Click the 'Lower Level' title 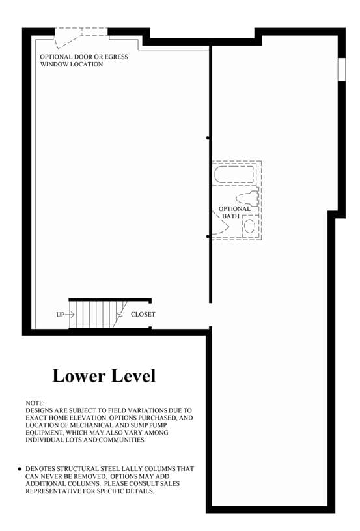tap(104, 376)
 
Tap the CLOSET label tap(143, 315)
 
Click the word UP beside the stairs tap(61, 315)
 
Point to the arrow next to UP tap(70, 315)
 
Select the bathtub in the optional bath tap(234, 175)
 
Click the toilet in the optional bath tap(247, 199)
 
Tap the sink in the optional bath tap(250, 226)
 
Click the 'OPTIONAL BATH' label tap(234, 212)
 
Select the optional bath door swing tap(220, 223)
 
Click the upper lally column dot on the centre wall tap(208, 138)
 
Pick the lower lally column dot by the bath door tap(208, 237)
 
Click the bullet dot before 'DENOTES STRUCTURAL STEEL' tap(20, 469)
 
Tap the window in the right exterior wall tap(342, 70)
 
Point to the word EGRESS tap(116, 57)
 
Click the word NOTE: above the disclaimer tap(35, 403)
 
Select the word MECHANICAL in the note tap(89, 425)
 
